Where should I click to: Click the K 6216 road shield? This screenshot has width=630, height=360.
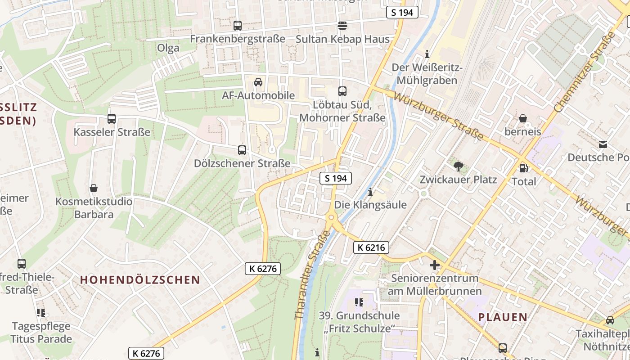pyautogui.click(x=371, y=247)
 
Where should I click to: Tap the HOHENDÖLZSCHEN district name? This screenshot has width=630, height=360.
pyautogui.click(x=140, y=280)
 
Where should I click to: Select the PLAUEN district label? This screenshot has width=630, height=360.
pyautogui.click(x=503, y=317)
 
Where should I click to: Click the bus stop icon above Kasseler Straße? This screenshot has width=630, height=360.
pyautogui.click(x=112, y=119)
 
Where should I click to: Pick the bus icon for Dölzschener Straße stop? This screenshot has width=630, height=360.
pyautogui.click(x=242, y=150)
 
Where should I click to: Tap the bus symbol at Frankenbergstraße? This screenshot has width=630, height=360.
pyautogui.click(x=238, y=26)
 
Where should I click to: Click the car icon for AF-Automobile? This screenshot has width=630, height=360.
pyautogui.click(x=258, y=82)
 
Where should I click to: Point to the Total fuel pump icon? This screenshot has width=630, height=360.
pyautogui.click(x=523, y=168)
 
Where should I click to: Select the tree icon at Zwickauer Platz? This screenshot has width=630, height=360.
pyautogui.click(x=459, y=166)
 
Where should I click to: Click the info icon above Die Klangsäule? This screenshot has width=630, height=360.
pyautogui.click(x=370, y=192)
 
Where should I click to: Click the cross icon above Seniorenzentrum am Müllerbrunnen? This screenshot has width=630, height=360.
pyautogui.click(x=435, y=265)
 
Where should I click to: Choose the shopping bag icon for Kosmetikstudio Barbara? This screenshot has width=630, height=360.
pyautogui.click(x=94, y=188)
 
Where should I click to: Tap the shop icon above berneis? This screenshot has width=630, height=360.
pyautogui.click(x=523, y=119)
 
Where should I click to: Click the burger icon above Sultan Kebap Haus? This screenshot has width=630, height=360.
pyautogui.click(x=342, y=26)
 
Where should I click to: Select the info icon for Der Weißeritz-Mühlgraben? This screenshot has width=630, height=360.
pyautogui.click(x=427, y=55)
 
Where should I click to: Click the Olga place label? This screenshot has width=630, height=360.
pyautogui.click(x=168, y=48)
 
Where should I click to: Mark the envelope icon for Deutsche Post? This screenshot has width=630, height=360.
pyautogui.click(x=603, y=144)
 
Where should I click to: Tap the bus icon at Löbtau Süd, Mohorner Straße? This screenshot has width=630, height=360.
pyautogui.click(x=342, y=91)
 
